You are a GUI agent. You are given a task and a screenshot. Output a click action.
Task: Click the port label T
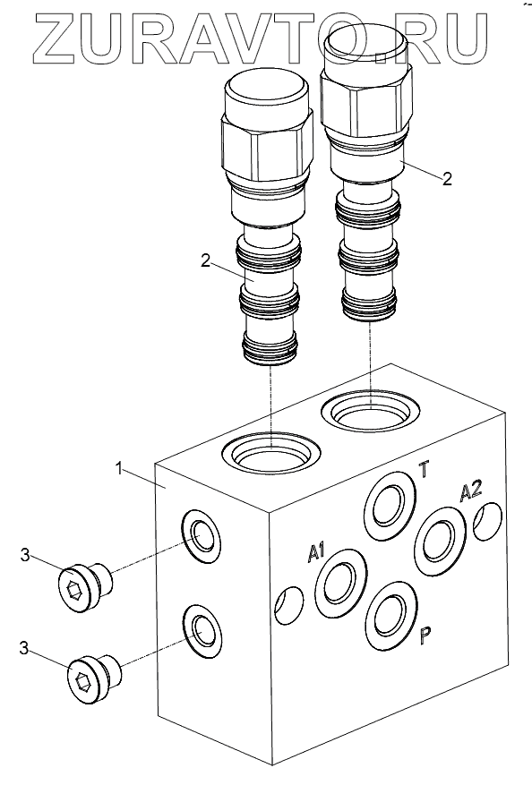click(x=424, y=470)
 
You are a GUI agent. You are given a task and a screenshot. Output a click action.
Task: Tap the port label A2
click(x=471, y=491)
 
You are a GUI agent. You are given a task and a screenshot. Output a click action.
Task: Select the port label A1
click(x=316, y=552)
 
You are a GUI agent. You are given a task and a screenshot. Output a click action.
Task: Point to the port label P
click(x=425, y=635)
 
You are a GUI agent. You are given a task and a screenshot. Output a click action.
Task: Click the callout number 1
click(x=119, y=469)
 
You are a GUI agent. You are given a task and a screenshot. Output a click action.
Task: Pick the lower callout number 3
click(x=24, y=648)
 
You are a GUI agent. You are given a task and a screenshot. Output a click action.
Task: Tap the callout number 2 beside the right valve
click(x=446, y=178)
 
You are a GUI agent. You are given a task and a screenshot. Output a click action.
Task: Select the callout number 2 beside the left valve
click(x=205, y=260)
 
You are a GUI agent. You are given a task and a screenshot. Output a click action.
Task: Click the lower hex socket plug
click(x=94, y=679)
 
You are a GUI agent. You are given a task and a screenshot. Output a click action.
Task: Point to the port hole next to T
click(x=390, y=506)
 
